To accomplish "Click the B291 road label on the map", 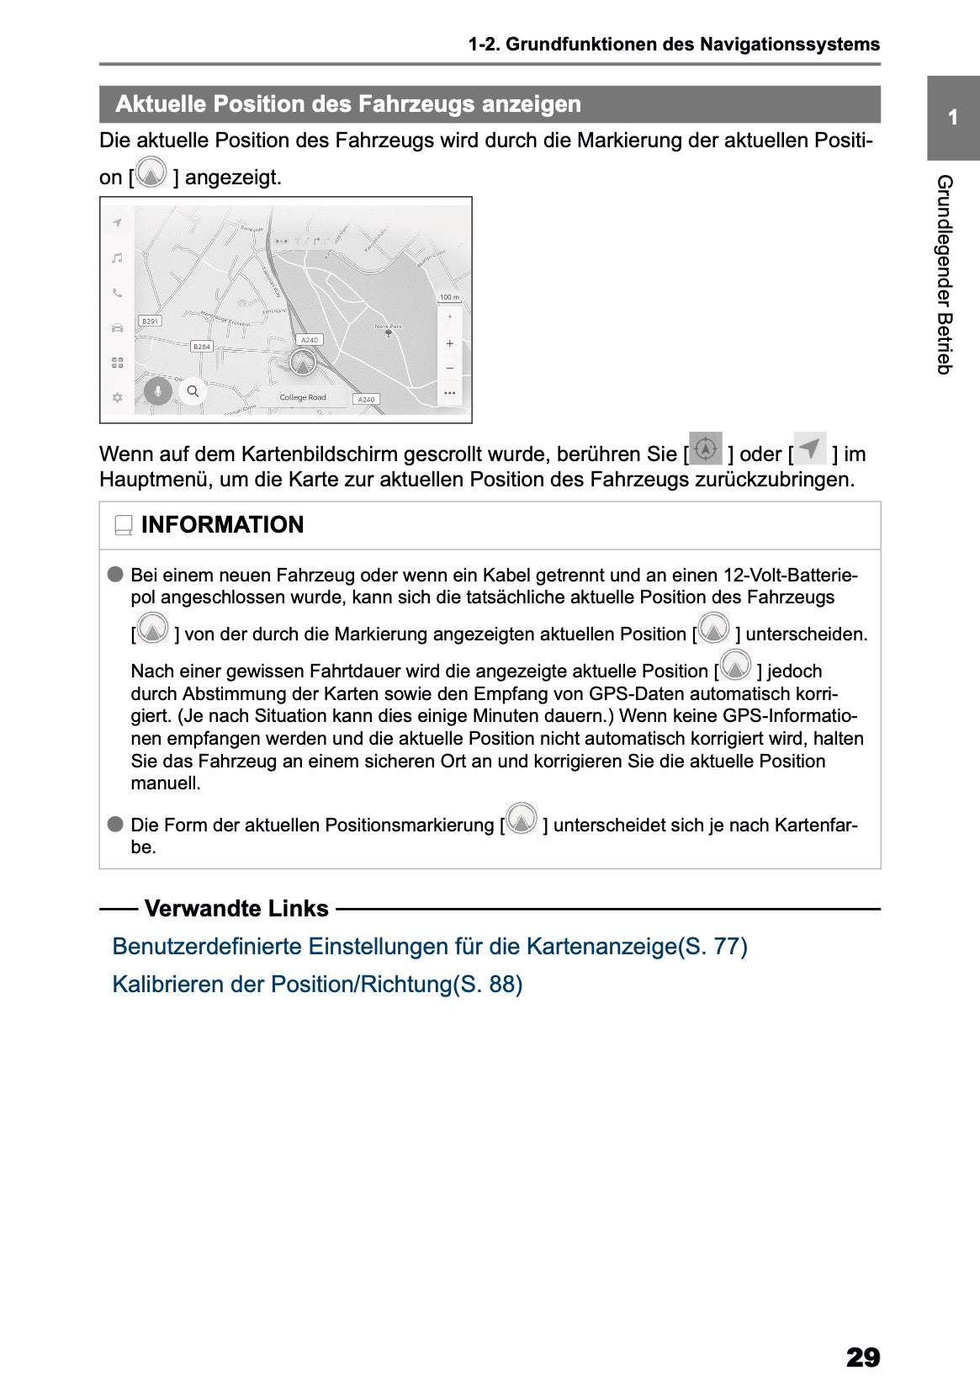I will point(150,321).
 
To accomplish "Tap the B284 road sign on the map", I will point(202,347).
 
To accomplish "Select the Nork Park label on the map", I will point(388,327).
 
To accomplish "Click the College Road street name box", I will point(302,397).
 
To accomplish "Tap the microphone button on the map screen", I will point(158,391).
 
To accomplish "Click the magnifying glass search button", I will point(193,391).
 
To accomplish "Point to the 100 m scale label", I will point(449,297).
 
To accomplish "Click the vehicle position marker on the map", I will point(302,363).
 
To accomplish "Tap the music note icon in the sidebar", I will point(118,258).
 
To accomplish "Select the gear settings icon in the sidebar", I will point(118,397).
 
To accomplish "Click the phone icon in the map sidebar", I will point(118,293).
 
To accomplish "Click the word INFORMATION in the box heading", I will point(222,525).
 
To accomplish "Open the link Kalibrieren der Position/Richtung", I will point(317,985).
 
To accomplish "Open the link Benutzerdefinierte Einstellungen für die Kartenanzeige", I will point(429,947).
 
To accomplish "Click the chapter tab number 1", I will point(952,118).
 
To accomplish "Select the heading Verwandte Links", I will point(236,909).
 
